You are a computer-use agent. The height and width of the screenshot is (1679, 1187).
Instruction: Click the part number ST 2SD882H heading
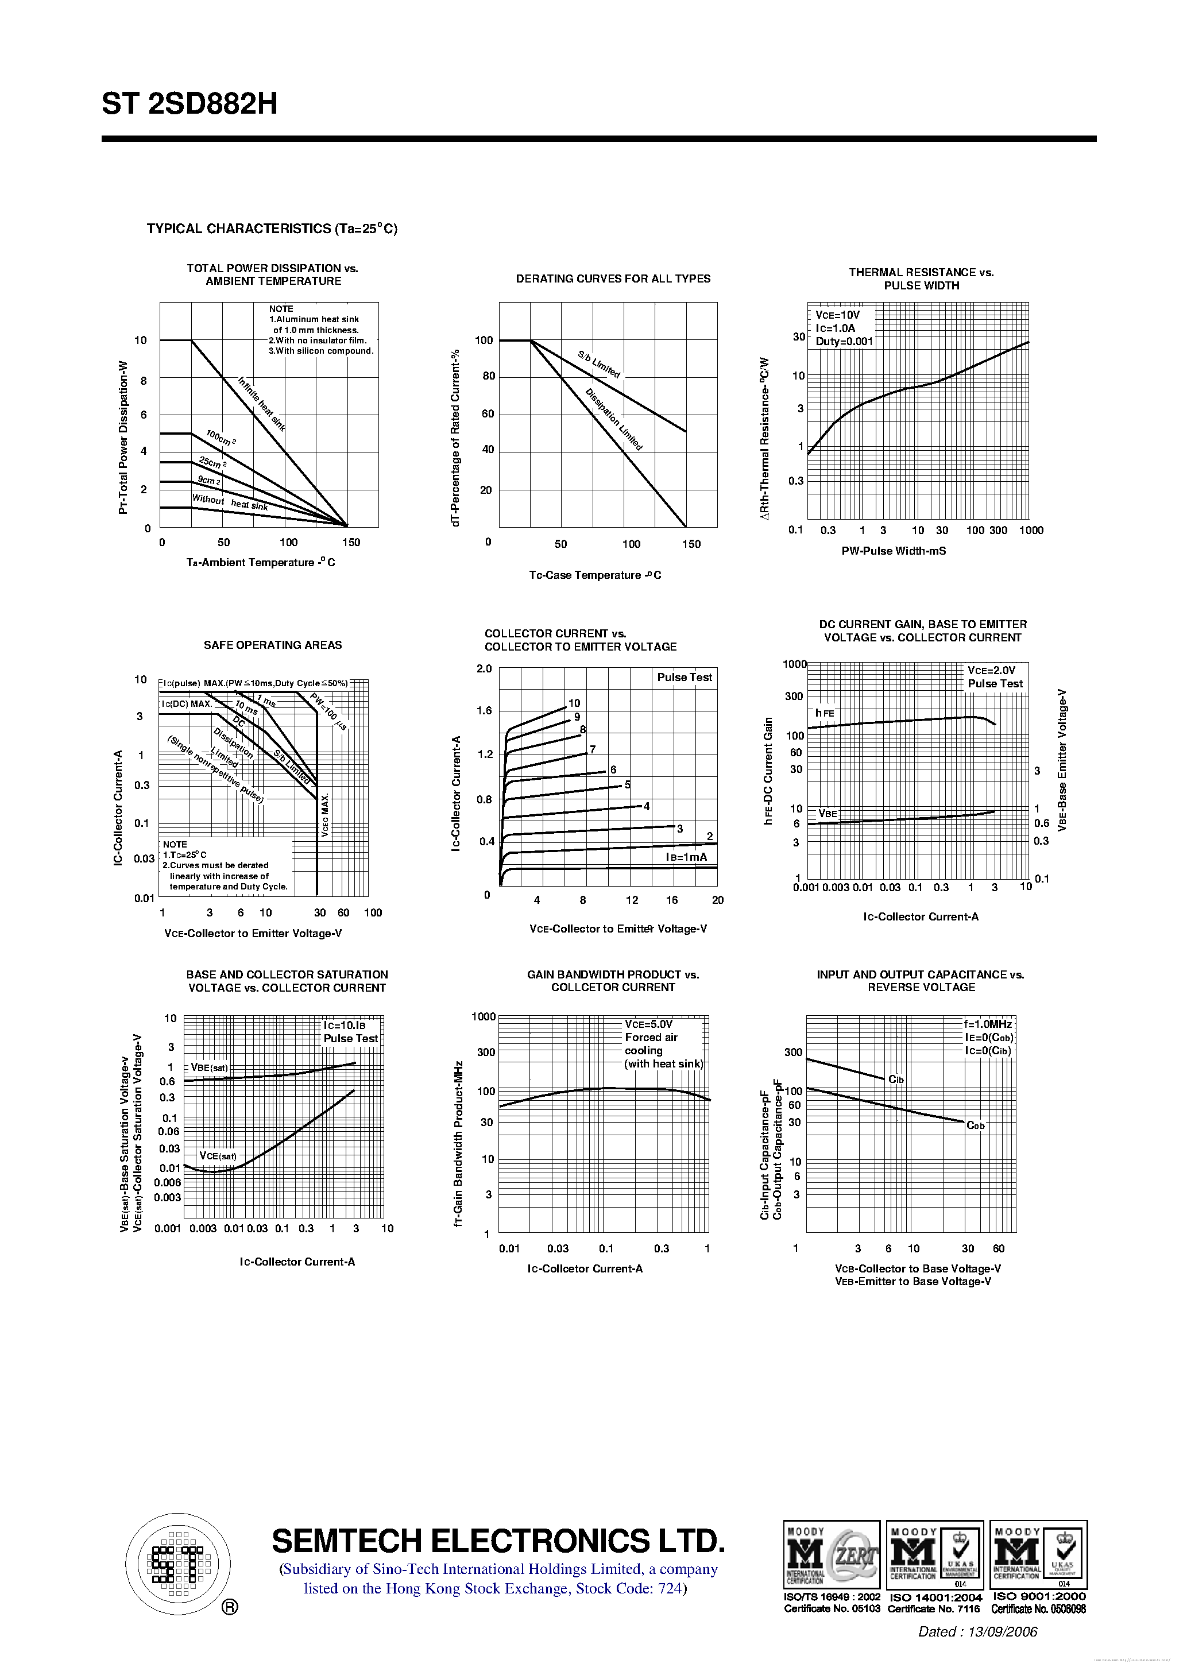pyautogui.click(x=190, y=104)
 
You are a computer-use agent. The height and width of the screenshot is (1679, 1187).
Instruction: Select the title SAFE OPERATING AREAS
pyautogui.click(x=272, y=645)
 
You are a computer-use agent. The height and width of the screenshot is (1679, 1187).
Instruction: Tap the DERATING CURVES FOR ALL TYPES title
pyautogui.click(x=613, y=278)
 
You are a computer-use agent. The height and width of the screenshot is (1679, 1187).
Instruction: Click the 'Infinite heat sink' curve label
pyautogui.click(x=261, y=404)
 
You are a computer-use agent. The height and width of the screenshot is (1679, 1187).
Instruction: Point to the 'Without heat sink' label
pyautogui.click(x=230, y=502)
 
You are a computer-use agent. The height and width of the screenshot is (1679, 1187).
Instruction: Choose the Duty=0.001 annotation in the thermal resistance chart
pyautogui.click(x=844, y=342)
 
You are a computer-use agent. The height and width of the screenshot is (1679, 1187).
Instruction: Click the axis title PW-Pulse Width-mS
pyautogui.click(x=893, y=551)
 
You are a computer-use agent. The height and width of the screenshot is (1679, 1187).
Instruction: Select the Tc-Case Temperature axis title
pyautogui.click(x=594, y=575)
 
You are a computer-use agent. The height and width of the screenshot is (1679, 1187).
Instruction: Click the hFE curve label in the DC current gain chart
pyautogui.click(x=824, y=713)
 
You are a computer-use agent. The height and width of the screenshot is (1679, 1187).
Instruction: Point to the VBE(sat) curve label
pyautogui.click(x=209, y=1067)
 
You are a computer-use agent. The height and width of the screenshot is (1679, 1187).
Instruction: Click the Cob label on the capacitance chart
pyautogui.click(x=976, y=1125)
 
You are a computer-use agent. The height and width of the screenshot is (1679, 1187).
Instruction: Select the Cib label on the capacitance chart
pyautogui.click(x=896, y=1080)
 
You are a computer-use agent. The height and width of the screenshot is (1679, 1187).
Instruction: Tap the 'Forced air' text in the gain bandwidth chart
pyautogui.click(x=651, y=1037)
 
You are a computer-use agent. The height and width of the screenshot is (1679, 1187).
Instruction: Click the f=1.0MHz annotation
pyautogui.click(x=987, y=1024)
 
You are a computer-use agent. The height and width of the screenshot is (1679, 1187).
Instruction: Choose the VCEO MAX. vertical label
pyautogui.click(x=324, y=815)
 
